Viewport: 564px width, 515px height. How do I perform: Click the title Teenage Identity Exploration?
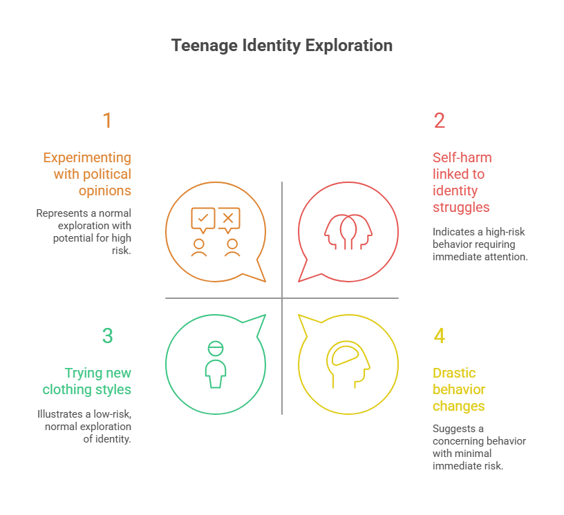pos(282,46)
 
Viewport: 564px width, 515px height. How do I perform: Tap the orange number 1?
pos(106,121)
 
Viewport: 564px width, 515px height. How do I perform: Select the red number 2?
pos(440,121)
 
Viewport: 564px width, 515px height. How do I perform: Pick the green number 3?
pos(107,336)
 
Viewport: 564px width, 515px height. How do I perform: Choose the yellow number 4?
pos(440,336)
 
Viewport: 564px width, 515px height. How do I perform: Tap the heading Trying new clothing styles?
pos(87,382)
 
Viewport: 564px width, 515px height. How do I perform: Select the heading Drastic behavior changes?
pos(459,389)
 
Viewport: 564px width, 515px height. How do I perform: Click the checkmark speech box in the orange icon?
pos(203,219)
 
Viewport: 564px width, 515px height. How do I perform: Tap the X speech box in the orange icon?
pos(229,219)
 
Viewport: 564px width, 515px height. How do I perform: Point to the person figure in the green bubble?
pos(216,365)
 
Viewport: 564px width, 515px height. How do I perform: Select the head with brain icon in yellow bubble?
pos(348,364)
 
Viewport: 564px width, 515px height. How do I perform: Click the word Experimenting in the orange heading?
pos(87,158)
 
